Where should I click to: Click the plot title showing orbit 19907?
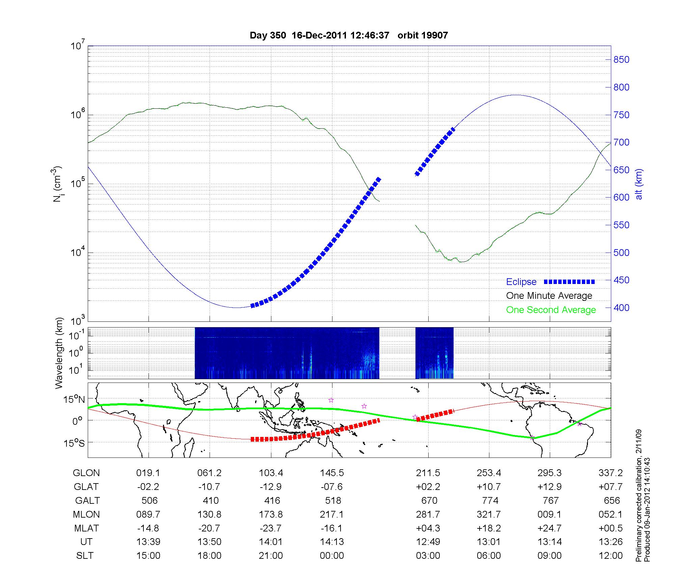349,35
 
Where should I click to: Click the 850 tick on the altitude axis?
621,60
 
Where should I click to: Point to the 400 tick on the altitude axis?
621,308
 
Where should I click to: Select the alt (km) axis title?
639,184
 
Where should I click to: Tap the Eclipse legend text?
521,282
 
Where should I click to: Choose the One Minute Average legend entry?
549,296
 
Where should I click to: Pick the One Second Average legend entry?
551,310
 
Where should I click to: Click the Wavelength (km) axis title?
59,353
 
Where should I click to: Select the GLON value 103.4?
271,473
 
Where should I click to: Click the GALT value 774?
490,500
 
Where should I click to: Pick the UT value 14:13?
332,542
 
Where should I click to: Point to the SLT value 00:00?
332,556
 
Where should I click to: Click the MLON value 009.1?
549,514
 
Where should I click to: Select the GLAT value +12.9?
549,487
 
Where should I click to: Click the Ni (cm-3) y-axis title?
57,184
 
